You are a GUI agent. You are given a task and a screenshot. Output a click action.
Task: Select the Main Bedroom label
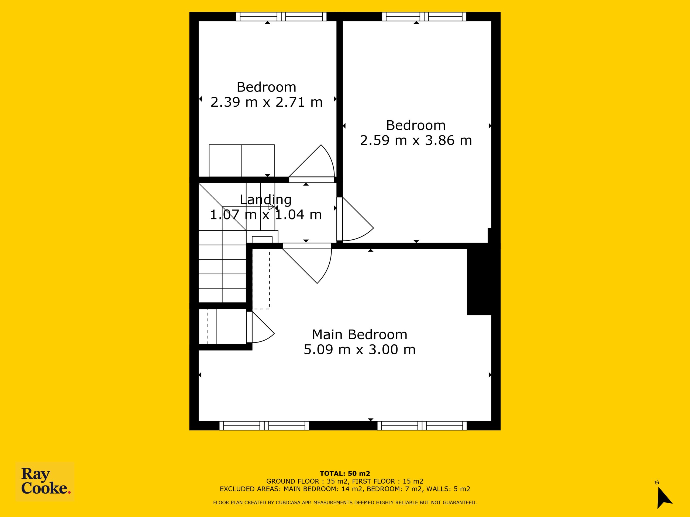point(360,335)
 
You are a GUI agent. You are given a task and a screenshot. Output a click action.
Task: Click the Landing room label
point(266,200)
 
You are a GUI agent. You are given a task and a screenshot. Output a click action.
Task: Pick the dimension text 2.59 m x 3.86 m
point(416,141)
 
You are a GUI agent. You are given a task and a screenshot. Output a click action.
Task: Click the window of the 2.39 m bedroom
point(281,16)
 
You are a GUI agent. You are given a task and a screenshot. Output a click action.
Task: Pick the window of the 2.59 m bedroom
point(424,16)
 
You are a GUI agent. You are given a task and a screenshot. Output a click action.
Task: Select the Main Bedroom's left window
point(264,426)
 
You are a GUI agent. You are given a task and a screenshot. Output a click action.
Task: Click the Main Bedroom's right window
point(422,426)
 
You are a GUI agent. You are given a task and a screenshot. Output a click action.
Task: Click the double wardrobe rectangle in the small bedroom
point(242,161)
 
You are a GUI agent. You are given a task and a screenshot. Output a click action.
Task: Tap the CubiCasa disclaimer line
point(345,502)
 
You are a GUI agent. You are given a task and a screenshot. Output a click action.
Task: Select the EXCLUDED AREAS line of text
point(345,489)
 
